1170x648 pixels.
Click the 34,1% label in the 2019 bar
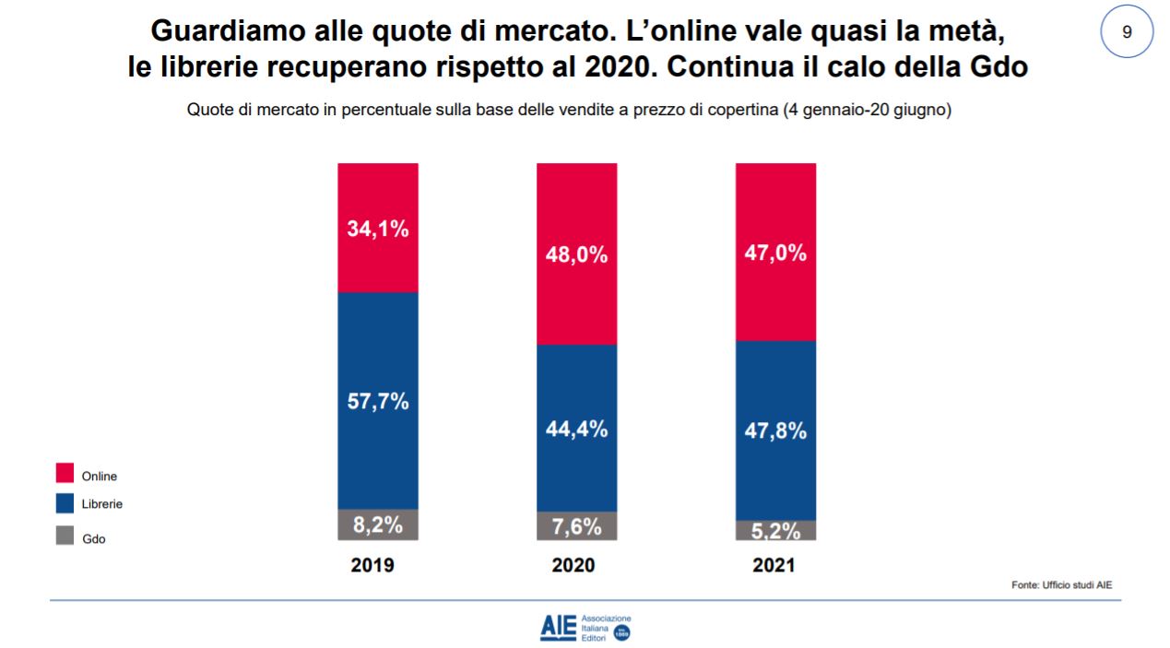coord(378,230)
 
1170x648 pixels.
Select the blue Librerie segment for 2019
coord(378,401)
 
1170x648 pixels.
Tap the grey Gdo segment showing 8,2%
coord(378,524)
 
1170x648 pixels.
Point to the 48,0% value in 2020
coord(577,255)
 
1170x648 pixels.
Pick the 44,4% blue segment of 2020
coord(577,429)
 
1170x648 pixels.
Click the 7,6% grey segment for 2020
coord(577,526)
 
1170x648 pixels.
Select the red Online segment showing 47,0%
coord(775,253)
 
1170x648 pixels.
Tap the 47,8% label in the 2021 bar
coord(775,430)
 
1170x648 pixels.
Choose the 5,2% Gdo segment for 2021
coord(775,530)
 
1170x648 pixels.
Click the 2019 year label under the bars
coord(372,566)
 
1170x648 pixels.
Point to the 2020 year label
coord(573,566)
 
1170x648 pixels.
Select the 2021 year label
coord(773,566)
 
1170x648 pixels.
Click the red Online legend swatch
coord(65,474)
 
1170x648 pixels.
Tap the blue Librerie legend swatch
coord(65,503)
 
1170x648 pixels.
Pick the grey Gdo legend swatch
coord(65,536)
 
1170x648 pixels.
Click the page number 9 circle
coord(1127,31)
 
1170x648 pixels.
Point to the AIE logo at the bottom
coord(585,626)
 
